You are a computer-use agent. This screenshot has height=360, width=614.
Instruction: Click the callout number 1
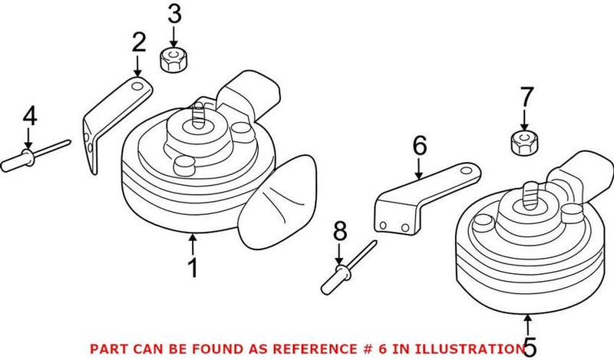(x=193, y=268)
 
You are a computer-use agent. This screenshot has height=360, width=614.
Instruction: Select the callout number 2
(x=138, y=43)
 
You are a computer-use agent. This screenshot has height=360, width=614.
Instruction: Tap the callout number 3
(x=174, y=14)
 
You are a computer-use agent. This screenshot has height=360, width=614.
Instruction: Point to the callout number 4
(x=28, y=117)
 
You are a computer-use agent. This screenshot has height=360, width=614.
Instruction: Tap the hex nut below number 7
(x=523, y=142)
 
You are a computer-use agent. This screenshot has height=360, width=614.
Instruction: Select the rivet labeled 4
(x=31, y=159)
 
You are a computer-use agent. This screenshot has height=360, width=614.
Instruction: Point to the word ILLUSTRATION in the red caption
(x=466, y=348)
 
